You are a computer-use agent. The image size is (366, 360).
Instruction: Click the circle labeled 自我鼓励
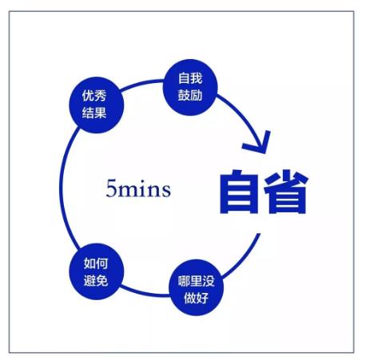pos(190,87)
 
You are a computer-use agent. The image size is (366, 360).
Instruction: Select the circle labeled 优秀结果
pos(97,105)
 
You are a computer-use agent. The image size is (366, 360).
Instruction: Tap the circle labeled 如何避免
pos(97,271)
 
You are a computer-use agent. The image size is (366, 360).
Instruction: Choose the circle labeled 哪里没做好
pos(197,288)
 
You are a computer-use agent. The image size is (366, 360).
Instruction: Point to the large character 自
pos(239,192)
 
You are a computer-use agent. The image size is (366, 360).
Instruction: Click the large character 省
pos(286,192)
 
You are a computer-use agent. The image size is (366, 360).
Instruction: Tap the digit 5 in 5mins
pos(111,188)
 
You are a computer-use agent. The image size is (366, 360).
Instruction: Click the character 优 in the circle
pos(88,96)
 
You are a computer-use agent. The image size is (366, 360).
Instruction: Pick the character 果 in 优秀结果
pos(101,113)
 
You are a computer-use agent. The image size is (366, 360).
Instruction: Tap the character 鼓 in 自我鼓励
pos(184,95)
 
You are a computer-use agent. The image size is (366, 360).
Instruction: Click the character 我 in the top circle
pos(197,78)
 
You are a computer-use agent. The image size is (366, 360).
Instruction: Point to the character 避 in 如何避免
pos(90,280)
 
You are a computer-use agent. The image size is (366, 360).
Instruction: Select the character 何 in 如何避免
pos(102,263)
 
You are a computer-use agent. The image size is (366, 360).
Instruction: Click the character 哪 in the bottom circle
pos(184,281)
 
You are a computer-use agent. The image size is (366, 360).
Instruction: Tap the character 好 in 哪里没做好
pos(203,298)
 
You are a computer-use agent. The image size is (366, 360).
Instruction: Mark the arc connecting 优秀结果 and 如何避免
pos(61,188)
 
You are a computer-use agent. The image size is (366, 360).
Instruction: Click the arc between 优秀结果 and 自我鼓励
pos(141,83)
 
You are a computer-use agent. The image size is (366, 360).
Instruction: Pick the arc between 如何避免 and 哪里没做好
pos(145,293)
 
